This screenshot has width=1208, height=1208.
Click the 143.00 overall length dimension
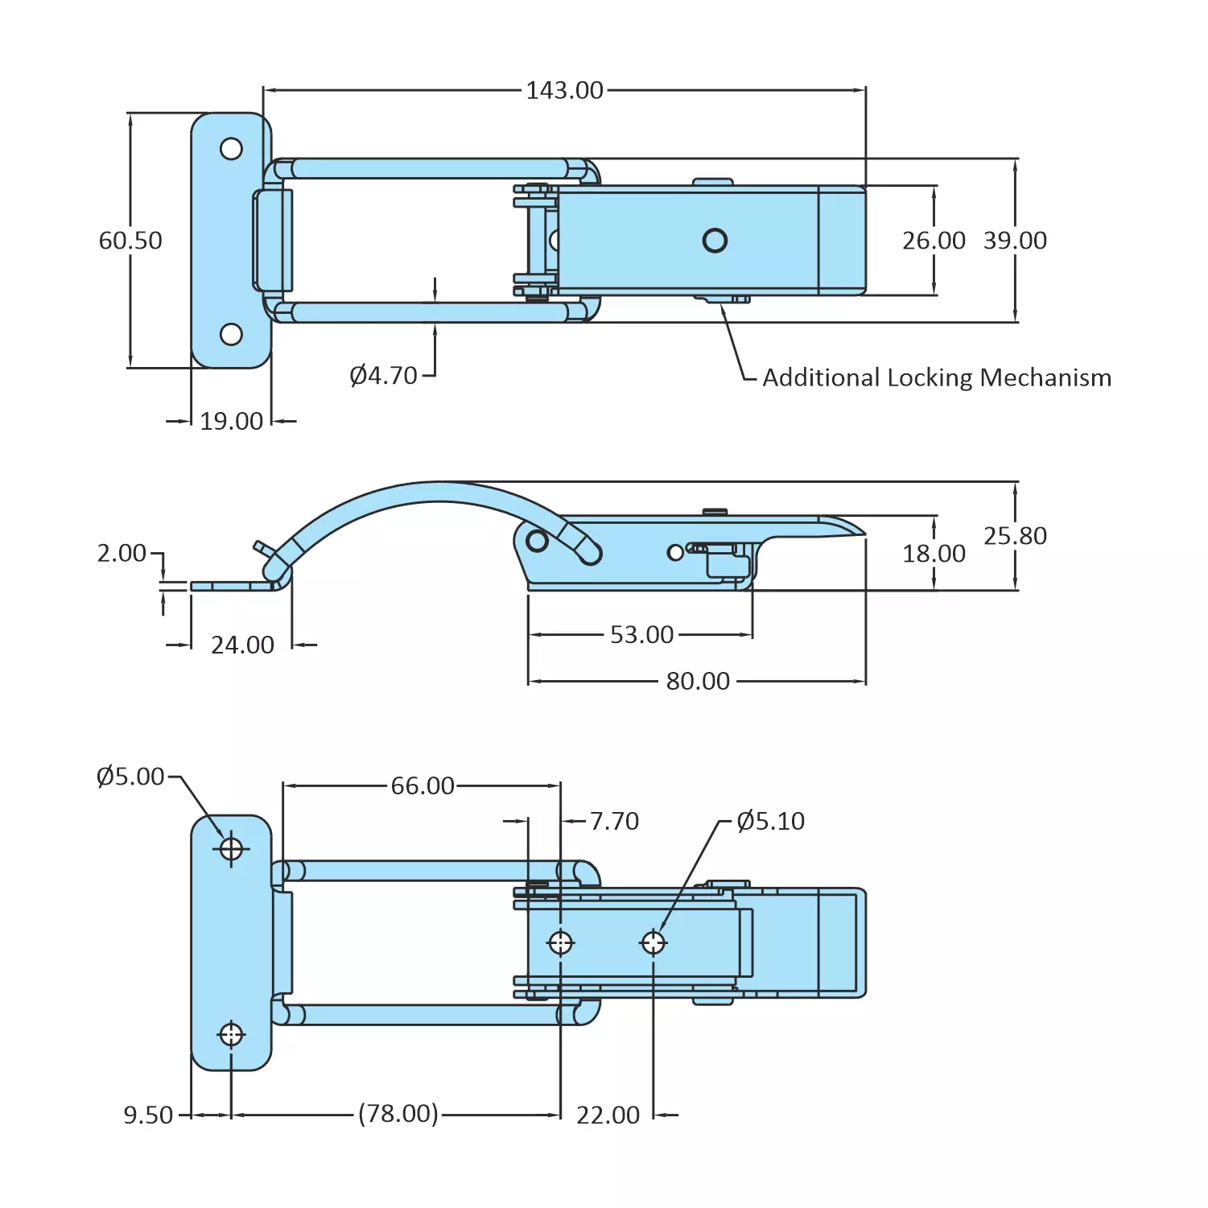click(x=564, y=90)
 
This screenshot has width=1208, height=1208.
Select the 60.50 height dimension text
click(x=130, y=241)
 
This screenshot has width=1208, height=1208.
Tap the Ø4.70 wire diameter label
click(x=384, y=376)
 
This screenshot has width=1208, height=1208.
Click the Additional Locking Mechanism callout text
click(x=936, y=377)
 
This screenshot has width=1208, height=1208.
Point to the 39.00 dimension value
click(x=1015, y=241)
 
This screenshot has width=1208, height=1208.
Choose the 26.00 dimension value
click(x=934, y=241)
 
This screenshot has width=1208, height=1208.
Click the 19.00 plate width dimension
click(x=231, y=421)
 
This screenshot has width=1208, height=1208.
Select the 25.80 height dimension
click(x=1015, y=536)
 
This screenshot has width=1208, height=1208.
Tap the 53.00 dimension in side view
click(x=641, y=635)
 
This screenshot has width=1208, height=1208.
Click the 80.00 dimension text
click(x=698, y=682)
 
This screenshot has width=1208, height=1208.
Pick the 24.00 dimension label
click(x=242, y=645)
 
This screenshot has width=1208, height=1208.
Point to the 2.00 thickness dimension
click(x=122, y=554)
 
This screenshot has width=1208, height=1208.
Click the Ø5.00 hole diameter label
click(x=130, y=777)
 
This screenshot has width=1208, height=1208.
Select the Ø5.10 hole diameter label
click(x=770, y=822)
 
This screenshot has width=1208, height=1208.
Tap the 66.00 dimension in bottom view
click(x=423, y=786)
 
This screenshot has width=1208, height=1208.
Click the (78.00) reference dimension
click(x=398, y=1114)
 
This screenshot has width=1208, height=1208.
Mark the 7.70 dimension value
click(x=614, y=822)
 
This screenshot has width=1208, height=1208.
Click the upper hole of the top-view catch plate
click(x=231, y=149)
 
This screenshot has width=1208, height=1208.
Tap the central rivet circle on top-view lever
click(x=715, y=241)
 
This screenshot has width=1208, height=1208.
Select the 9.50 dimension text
click(x=148, y=1115)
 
